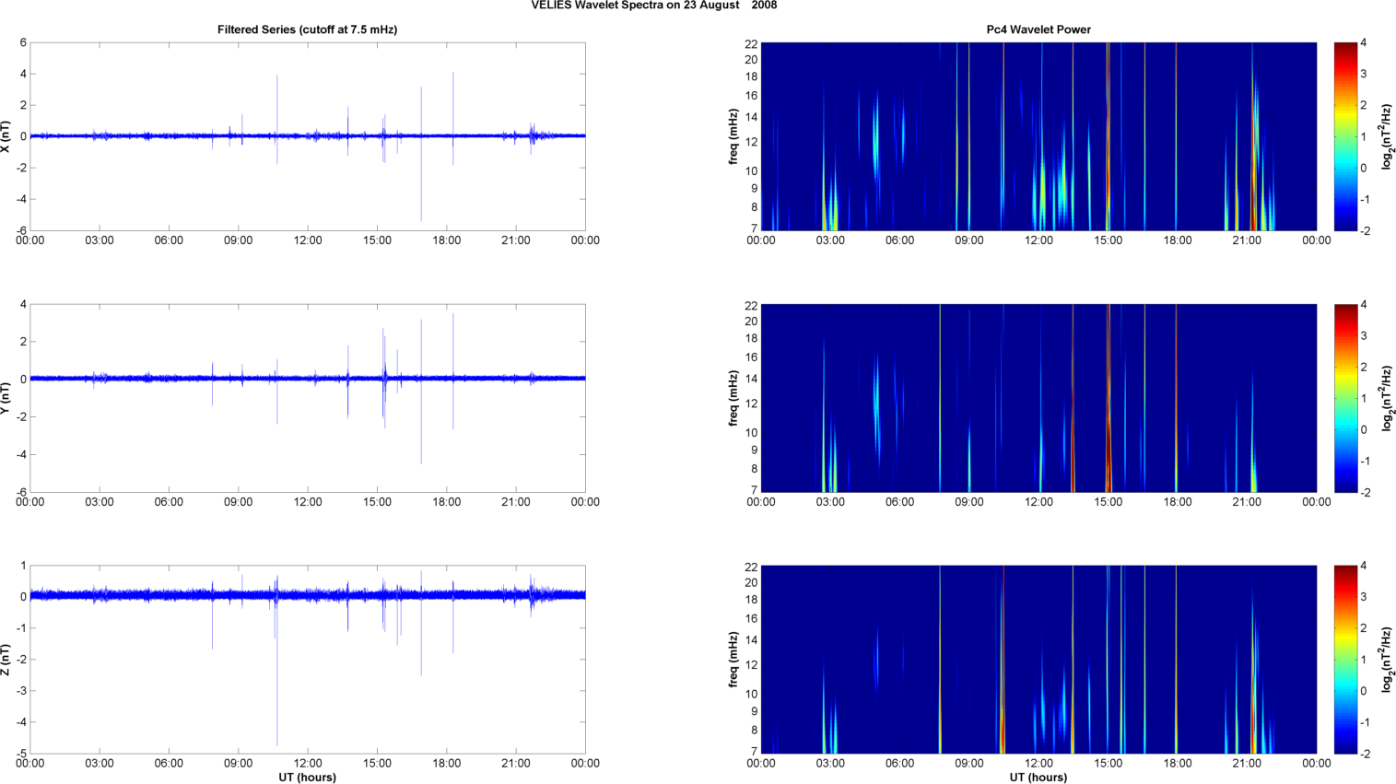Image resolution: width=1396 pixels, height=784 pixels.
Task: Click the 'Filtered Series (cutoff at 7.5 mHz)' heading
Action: click(x=307, y=29)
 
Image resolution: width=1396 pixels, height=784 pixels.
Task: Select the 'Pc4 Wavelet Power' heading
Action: click(x=1038, y=29)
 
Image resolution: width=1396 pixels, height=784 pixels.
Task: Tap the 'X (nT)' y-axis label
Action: click(x=7, y=136)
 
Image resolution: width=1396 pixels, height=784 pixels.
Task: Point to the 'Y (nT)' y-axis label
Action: click(x=7, y=398)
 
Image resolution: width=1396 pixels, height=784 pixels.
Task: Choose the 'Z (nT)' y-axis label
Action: click(x=7, y=660)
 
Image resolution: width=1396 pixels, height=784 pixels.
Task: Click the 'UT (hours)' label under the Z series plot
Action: click(x=307, y=777)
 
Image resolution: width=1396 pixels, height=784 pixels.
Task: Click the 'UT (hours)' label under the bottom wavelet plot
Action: click(x=1038, y=777)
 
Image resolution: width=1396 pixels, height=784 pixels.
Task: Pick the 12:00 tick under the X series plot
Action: click(x=308, y=240)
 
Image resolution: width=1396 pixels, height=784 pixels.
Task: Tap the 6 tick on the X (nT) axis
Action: click(x=23, y=42)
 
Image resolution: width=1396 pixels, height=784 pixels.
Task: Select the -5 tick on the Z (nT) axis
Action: click(x=20, y=754)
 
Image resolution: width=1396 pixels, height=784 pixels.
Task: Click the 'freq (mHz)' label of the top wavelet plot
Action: click(x=733, y=136)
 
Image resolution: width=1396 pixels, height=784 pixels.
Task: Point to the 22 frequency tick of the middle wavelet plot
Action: click(x=751, y=305)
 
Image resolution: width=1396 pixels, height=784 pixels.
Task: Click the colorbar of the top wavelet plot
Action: click(x=1346, y=136)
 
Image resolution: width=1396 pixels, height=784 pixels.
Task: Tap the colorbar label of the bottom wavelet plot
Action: click(x=1387, y=660)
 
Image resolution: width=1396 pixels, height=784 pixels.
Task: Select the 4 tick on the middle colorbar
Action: click(x=1364, y=305)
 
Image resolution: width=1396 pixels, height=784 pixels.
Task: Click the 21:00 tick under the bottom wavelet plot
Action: click(x=1247, y=764)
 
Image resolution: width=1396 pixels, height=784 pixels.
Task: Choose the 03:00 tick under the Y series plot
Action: click(x=100, y=502)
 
